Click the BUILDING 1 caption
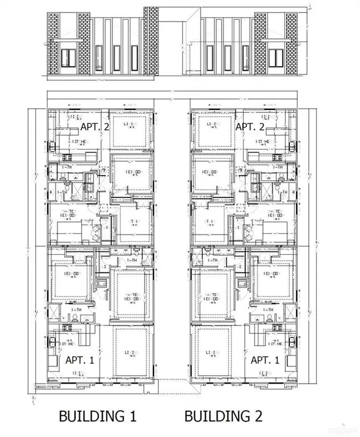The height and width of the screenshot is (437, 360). point(98,416)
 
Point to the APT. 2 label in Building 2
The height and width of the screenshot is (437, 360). point(249,126)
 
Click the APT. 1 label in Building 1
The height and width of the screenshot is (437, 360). point(80,360)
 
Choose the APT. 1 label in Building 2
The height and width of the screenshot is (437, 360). point(265,360)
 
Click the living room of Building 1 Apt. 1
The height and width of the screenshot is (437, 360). point(132,353)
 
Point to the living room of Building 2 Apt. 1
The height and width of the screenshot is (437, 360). point(213,353)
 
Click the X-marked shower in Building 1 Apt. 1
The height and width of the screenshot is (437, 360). point(53,312)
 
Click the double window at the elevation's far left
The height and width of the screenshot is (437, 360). point(69,57)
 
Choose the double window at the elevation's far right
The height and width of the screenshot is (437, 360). point(276,57)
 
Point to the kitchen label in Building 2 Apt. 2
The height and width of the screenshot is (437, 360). point(263,142)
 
